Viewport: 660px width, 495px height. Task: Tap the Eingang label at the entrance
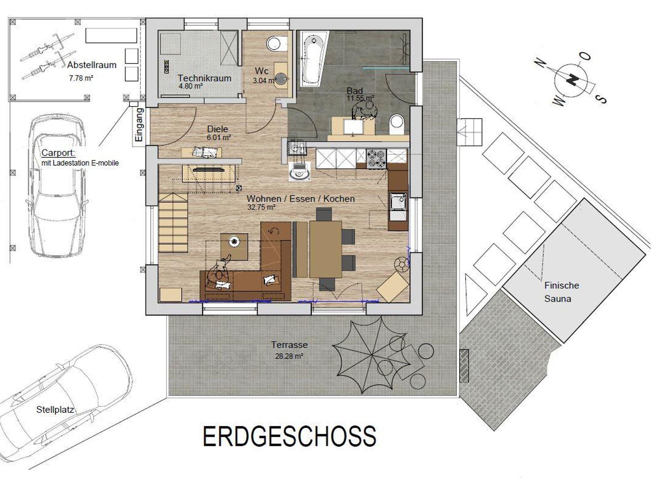pos(139,125)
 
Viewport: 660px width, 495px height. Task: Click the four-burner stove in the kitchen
pos(376,159)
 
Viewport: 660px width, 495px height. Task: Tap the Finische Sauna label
pos(561,292)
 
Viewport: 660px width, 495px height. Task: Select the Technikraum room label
pos(204,78)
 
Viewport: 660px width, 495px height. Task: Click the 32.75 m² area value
pos(261,207)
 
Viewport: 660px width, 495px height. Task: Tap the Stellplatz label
pos(55,410)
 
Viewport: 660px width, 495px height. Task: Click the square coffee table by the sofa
pos(234,247)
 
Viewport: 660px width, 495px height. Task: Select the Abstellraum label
pos(92,65)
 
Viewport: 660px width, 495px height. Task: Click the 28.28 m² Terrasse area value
pos(289,356)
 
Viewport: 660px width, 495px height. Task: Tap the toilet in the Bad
pos(397,124)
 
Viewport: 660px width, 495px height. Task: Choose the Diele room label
pos(218,129)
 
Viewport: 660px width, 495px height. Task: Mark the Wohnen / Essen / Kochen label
pos(301,199)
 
